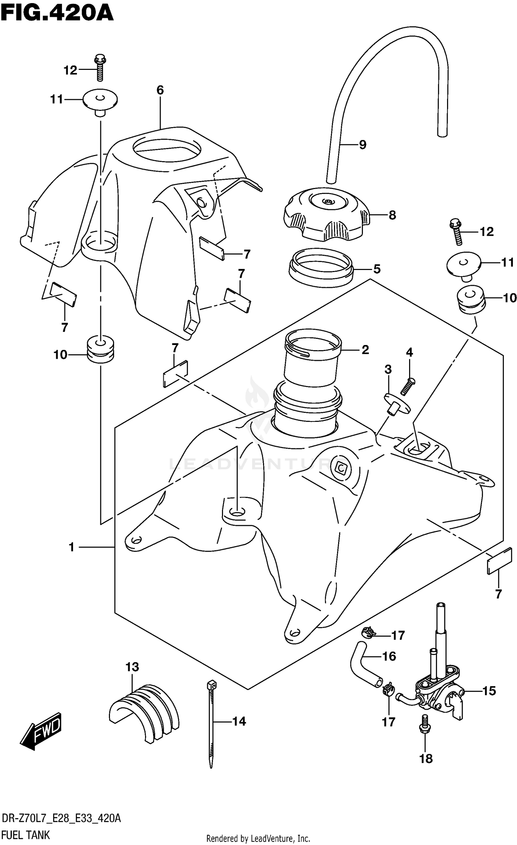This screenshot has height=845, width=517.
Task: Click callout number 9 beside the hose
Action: (x=362, y=145)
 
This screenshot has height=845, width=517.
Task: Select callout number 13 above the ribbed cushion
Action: (x=132, y=667)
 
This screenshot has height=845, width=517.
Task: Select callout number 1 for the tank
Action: (x=72, y=547)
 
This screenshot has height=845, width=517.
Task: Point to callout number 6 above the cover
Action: (x=160, y=90)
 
